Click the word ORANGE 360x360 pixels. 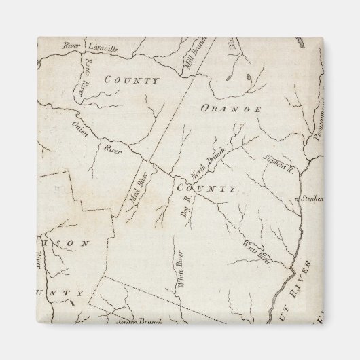pos(231,109)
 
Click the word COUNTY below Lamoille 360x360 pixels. pos(132,81)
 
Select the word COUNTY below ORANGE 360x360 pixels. pos(206,189)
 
